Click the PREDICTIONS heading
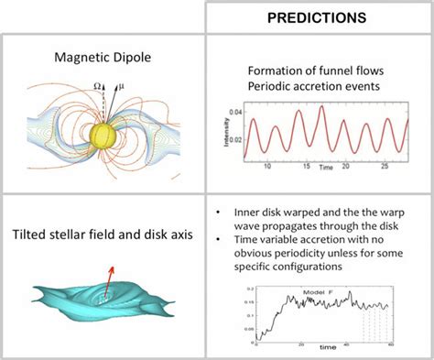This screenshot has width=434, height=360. point(317,17)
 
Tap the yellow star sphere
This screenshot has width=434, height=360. point(103,135)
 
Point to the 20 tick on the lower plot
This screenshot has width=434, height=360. point(300,343)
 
